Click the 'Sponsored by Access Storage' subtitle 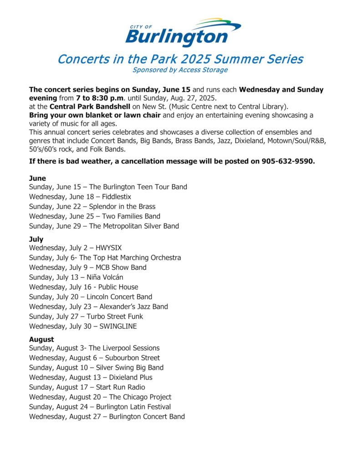point(180,70)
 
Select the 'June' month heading point(37,178)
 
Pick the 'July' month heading point(36,239)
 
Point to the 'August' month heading point(41,339)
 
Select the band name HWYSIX point(109,248)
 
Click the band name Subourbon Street point(132,358)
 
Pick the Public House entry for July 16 point(118,287)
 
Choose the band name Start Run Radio point(121,387)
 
